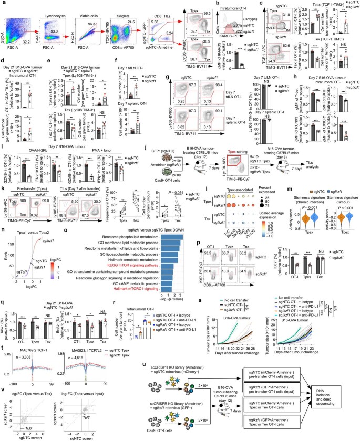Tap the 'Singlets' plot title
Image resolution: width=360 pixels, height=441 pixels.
click(x=111, y=9)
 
